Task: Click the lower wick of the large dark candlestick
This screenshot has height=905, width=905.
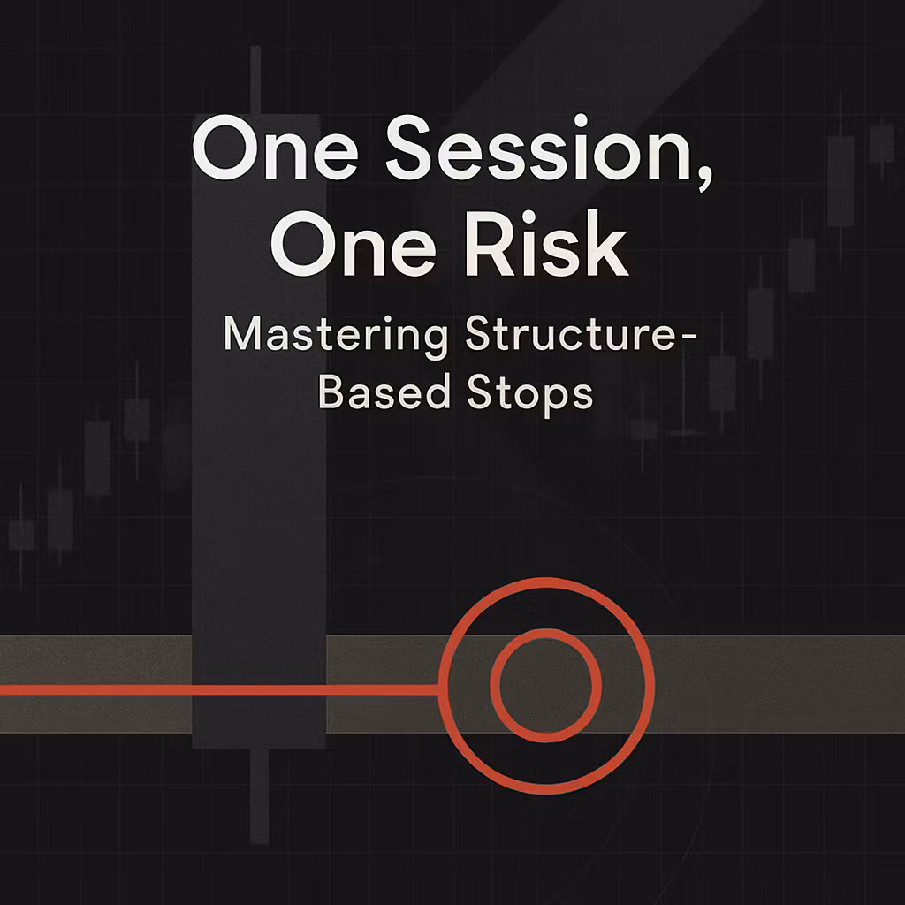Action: [258, 795]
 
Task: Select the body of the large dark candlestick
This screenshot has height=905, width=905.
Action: [259, 530]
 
